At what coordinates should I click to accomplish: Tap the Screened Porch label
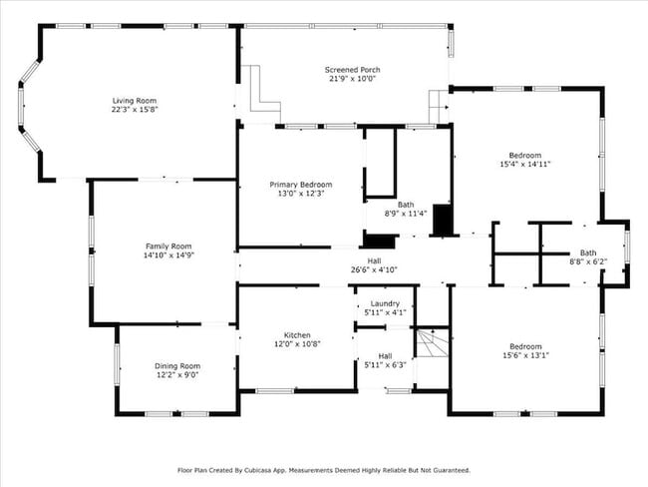(352, 70)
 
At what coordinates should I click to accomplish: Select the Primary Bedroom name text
(301, 185)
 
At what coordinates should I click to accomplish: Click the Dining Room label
(176, 365)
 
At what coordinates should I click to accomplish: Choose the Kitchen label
(297, 334)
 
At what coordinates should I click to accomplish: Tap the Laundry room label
(385, 303)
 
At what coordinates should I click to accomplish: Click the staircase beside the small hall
(431, 344)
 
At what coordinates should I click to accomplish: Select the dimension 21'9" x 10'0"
(352, 80)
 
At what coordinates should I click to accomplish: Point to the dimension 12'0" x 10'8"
(297, 344)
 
